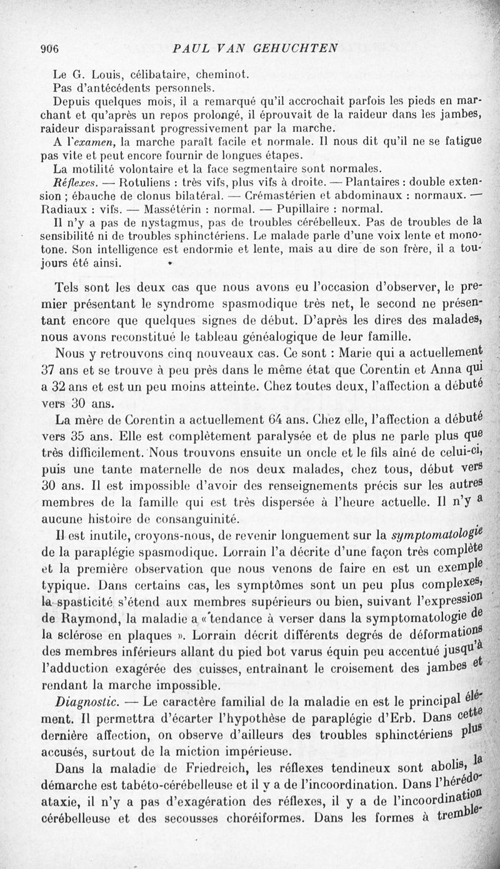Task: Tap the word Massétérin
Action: (176, 209)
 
